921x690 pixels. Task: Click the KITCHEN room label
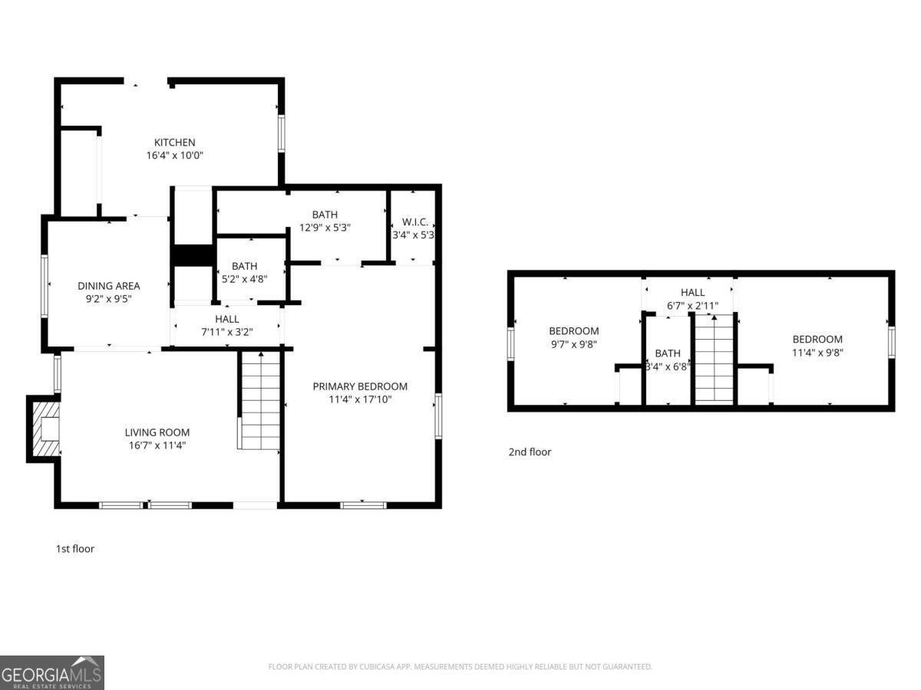click(x=175, y=142)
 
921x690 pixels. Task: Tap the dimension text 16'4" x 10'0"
click(x=175, y=155)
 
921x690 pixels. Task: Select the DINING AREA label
click(x=108, y=286)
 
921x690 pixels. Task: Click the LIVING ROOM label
click(x=157, y=432)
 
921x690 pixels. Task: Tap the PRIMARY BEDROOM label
click(x=360, y=386)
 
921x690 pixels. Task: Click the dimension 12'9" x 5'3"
click(x=325, y=228)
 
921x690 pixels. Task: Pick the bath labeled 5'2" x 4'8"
click(x=244, y=279)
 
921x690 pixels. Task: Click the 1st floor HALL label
click(x=226, y=319)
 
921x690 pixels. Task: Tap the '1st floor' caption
click(x=75, y=549)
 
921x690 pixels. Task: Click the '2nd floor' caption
click(x=530, y=452)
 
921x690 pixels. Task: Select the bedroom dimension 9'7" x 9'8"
click(x=573, y=344)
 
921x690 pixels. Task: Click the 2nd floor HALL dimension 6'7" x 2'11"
click(x=692, y=305)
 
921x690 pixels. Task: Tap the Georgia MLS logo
click(x=52, y=672)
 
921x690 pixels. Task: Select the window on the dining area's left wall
click(x=45, y=286)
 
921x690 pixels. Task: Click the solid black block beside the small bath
click(x=192, y=255)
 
